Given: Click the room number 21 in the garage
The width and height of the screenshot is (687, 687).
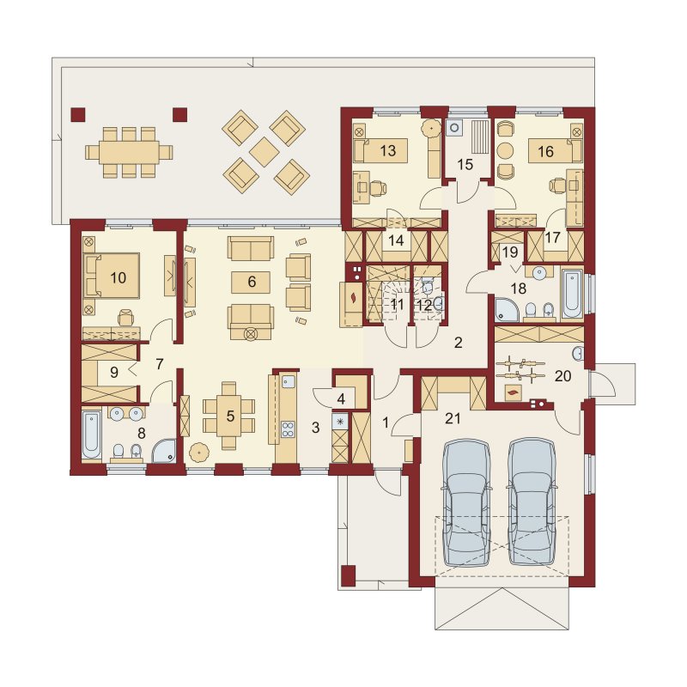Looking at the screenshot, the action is click(x=453, y=418).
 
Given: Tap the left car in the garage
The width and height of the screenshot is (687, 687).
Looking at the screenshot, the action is click(x=466, y=503).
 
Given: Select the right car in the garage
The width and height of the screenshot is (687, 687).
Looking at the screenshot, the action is click(x=532, y=503).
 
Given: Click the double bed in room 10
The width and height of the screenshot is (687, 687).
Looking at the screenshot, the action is click(x=112, y=277).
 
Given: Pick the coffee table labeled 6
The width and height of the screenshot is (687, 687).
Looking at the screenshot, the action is click(x=251, y=282).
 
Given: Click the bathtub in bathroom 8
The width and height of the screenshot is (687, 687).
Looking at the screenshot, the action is click(x=91, y=434).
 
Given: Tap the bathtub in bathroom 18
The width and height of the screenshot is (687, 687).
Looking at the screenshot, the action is click(x=572, y=294).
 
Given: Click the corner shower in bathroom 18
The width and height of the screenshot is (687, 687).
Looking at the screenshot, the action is click(x=508, y=310).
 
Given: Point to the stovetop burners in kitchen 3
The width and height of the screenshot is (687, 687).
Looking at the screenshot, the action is click(x=288, y=429).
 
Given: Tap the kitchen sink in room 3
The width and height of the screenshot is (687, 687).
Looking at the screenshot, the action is click(x=288, y=382).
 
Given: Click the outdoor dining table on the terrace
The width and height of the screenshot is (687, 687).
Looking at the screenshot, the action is click(x=129, y=153).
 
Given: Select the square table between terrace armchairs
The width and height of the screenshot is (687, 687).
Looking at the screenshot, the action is click(x=264, y=152).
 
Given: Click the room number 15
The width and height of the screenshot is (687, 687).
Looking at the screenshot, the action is click(x=465, y=164).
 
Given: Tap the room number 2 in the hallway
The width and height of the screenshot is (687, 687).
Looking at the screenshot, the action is click(x=459, y=342).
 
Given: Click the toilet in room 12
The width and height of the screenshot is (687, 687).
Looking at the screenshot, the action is click(x=428, y=287).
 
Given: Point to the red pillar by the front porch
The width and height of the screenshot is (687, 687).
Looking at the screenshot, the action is click(x=349, y=573).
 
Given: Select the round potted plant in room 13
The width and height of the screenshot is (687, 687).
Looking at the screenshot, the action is click(x=431, y=127).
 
